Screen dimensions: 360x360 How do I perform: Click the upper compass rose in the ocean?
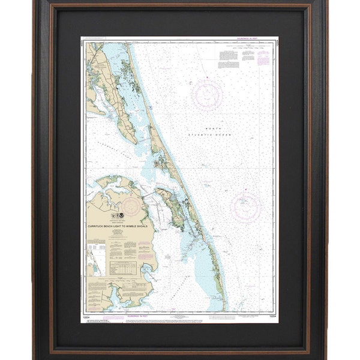coord(206,94)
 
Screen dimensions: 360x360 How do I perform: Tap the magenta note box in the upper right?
coord(266,56)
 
